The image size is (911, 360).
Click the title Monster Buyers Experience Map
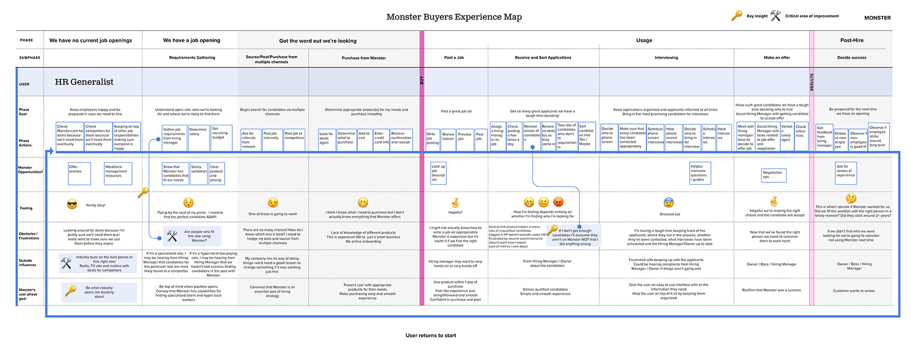click(x=454, y=17)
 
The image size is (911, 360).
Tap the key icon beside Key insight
click(x=737, y=16)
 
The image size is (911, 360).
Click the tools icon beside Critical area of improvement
click(x=775, y=16)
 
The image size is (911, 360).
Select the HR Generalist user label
click(x=84, y=82)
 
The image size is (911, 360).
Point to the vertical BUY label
click(x=422, y=80)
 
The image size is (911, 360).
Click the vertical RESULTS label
click(x=811, y=82)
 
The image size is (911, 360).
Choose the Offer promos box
click(x=79, y=174)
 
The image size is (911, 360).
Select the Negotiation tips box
click(x=774, y=175)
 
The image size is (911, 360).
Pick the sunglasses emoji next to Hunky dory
click(x=72, y=205)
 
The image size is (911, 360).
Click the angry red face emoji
click(x=558, y=202)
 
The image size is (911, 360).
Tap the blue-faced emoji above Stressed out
click(x=669, y=203)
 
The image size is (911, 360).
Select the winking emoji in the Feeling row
click(x=273, y=203)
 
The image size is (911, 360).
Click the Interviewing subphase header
click(x=666, y=58)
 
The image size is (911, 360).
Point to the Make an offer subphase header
click(x=777, y=58)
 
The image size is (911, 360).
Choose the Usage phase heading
click(x=644, y=41)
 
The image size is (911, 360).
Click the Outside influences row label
click(x=27, y=263)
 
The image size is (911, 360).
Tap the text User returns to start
click(x=430, y=335)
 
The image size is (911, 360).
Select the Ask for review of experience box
click(x=846, y=173)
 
